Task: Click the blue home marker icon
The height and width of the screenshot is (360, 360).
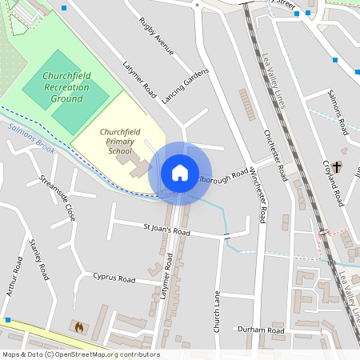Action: pos(179,172)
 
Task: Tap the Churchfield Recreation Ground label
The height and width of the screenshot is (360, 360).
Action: pos(66,86)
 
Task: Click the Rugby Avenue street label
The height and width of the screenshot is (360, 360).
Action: pos(155,37)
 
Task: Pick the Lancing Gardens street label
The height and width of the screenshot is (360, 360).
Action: pos(185,86)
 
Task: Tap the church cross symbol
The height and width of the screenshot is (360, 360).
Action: pos(338,166)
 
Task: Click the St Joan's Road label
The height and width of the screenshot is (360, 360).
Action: pos(166,231)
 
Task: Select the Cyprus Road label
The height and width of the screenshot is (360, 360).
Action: pos(114,279)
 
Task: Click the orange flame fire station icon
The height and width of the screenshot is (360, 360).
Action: pos(78,326)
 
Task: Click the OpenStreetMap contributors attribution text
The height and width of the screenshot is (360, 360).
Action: pos(80,354)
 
